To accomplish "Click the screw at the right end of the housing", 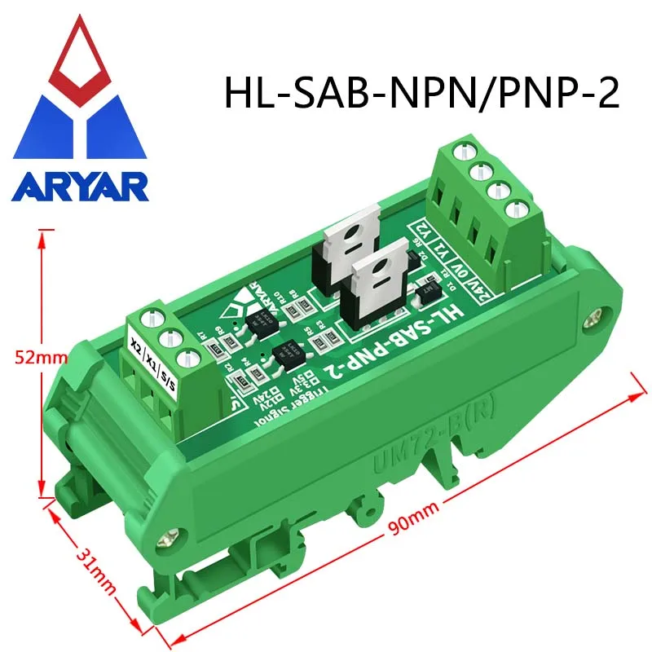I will pyautogui.click(x=600, y=314).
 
